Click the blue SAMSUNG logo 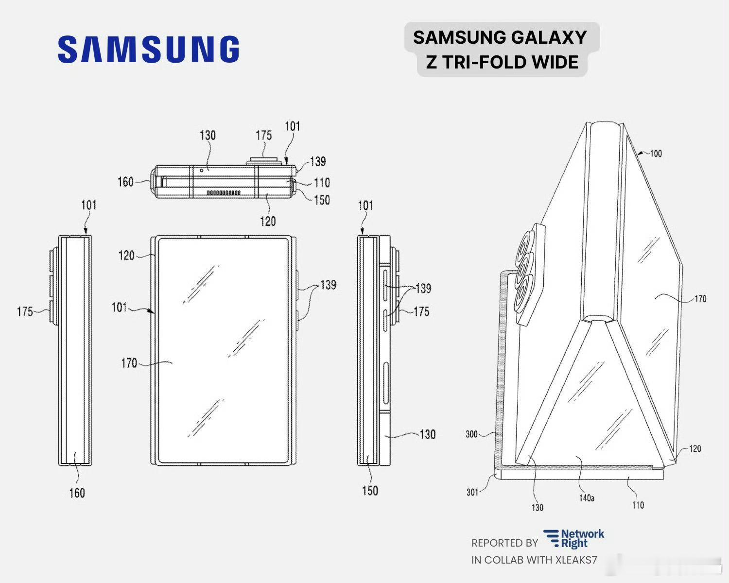coord(148,49)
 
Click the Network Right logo coord(574,539)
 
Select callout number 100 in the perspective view coord(656,154)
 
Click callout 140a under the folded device coord(587,498)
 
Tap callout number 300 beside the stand coord(471,434)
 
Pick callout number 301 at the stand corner coord(472,492)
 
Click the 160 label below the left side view coord(77,493)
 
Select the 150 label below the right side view coord(369,491)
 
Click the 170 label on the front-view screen coord(129,362)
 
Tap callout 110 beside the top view coord(322,183)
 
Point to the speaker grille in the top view coord(224,193)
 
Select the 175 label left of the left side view coord(25,311)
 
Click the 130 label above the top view coord(208,135)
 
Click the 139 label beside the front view coord(329,284)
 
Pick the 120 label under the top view coord(268,221)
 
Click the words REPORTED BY coord(504,543)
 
